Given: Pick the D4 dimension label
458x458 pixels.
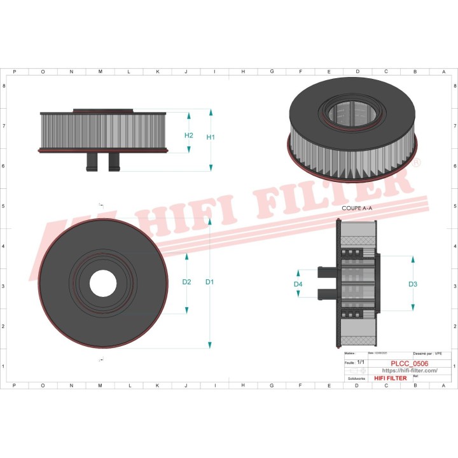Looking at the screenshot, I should click(298, 284).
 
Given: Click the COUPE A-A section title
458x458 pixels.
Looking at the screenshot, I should click(356, 208).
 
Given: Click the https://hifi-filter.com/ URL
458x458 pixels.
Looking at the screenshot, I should click(409, 370).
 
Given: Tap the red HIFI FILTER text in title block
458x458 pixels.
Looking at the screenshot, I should click(391, 378).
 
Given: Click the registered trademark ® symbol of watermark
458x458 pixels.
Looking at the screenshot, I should click(417, 164).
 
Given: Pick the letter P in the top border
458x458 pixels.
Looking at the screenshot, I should click(15, 72).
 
